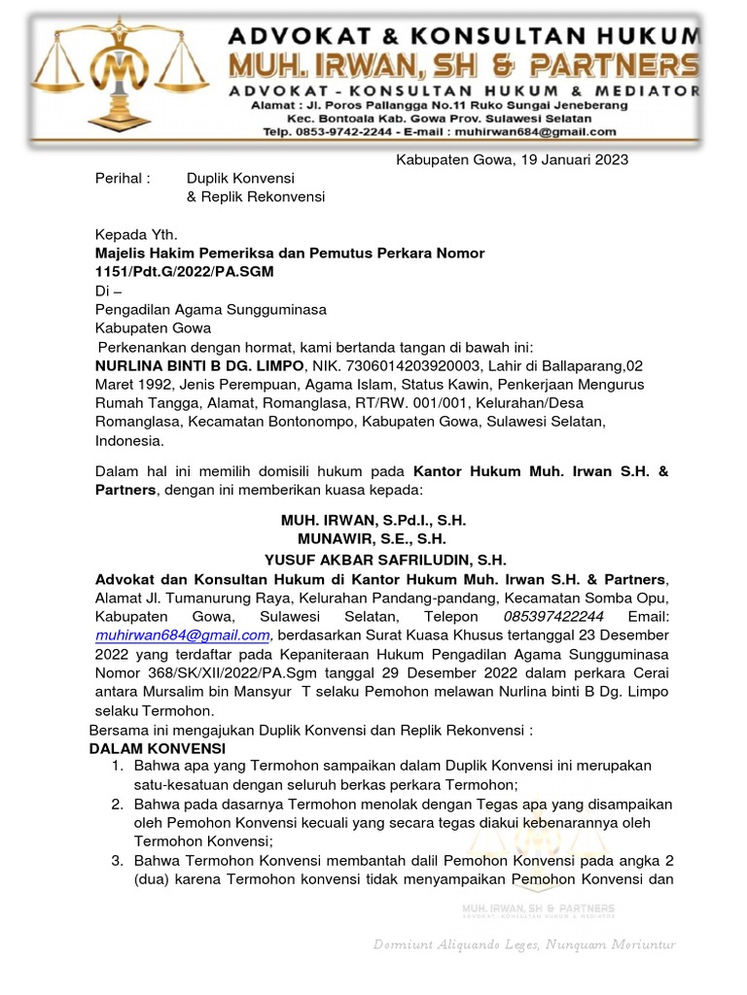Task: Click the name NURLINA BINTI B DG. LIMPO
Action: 199,365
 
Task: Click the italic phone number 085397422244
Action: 553,617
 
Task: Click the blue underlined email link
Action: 182,635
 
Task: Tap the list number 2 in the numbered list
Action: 116,805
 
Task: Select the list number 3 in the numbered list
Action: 116,861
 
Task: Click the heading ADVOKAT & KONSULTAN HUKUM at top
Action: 462,38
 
